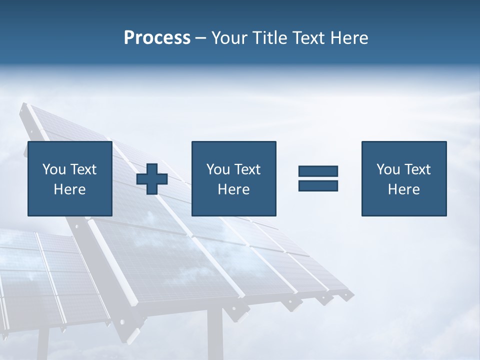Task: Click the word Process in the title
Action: tap(157, 38)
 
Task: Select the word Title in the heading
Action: tap(269, 38)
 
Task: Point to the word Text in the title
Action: tap(307, 38)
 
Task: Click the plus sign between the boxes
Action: tap(152, 179)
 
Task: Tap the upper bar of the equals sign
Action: tap(318, 171)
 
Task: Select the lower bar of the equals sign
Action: tap(318, 186)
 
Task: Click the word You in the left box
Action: tap(54, 169)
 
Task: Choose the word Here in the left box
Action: tap(69, 189)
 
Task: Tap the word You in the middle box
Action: tap(218, 169)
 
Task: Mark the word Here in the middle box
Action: tap(233, 189)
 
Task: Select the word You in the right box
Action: tap(388, 169)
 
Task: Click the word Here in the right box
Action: tap(403, 189)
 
